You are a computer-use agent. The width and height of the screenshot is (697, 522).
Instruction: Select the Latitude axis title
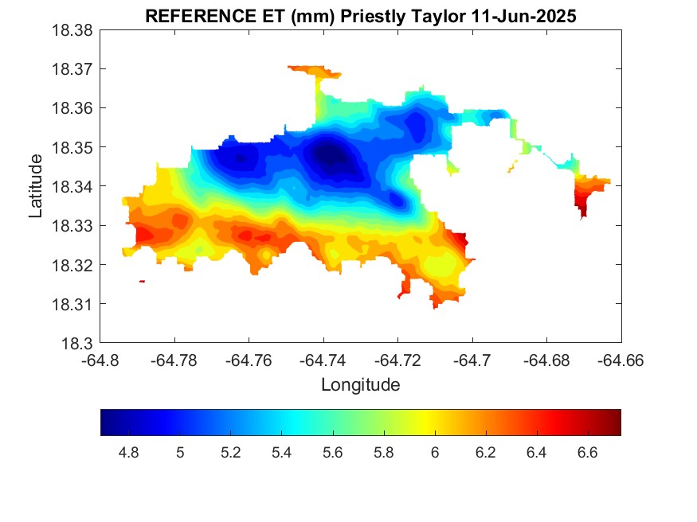(35, 186)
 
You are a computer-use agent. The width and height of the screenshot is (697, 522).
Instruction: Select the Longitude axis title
(360, 385)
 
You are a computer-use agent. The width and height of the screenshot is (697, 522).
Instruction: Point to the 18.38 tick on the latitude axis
(76, 30)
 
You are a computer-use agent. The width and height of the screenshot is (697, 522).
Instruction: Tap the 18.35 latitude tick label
(76, 148)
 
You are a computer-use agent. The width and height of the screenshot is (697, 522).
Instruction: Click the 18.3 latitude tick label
(80, 344)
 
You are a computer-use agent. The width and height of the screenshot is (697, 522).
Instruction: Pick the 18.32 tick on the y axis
(76, 265)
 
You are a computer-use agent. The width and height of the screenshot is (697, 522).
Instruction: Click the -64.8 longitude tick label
(100, 360)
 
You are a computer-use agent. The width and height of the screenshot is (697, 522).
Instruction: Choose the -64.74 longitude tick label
(323, 360)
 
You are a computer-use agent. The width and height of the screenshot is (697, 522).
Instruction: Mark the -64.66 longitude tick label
(621, 360)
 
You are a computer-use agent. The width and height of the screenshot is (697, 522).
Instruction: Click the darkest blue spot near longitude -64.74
(328, 154)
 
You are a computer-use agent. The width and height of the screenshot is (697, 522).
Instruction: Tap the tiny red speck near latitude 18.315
(142, 281)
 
